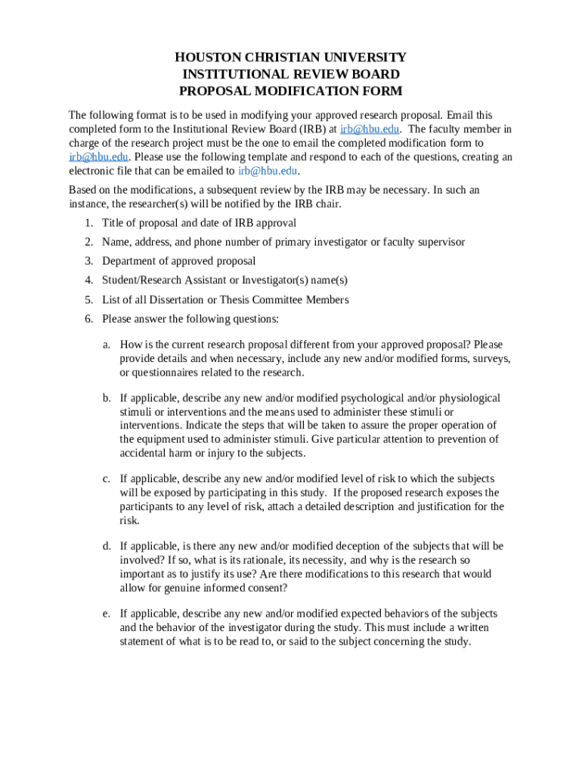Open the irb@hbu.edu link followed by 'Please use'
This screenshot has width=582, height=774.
click(98, 156)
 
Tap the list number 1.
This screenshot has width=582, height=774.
click(88, 223)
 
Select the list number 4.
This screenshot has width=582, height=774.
click(88, 280)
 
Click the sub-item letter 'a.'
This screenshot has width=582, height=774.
click(107, 344)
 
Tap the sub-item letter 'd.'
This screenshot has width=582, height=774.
click(107, 546)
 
